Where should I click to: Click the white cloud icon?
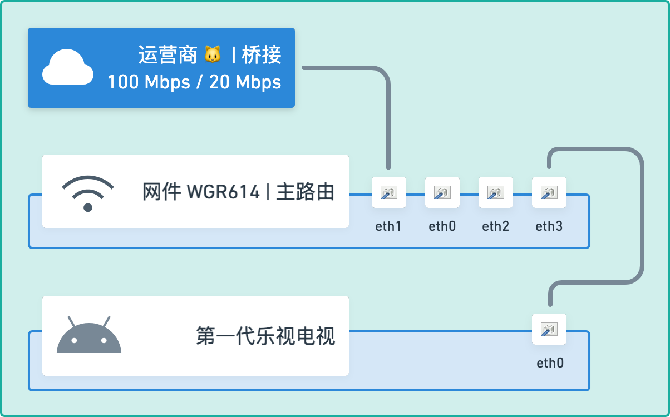pyautogui.click(x=68, y=67)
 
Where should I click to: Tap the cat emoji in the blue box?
pyautogui.click(x=212, y=55)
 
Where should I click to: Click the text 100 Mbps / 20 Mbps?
pyautogui.click(x=194, y=82)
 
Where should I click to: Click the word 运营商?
pyautogui.click(x=167, y=55)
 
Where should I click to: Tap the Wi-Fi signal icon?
pyautogui.click(x=88, y=193)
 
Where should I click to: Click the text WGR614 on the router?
pyautogui.click(x=223, y=192)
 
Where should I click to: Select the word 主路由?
pyautogui.click(x=306, y=192)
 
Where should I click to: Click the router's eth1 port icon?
pyautogui.click(x=388, y=192)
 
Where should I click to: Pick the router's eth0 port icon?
pyautogui.click(x=442, y=192)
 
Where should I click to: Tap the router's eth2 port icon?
pyautogui.click(x=495, y=192)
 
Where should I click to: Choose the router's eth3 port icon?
pyautogui.click(x=549, y=192)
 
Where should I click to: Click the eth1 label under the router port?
pyautogui.click(x=388, y=226)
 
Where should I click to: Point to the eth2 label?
pyautogui.click(x=495, y=226)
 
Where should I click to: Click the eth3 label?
pyautogui.click(x=549, y=226)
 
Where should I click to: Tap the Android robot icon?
pyautogui.click(x=89, y=335)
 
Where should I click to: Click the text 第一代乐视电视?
pyautogui.click(x=265, y=336)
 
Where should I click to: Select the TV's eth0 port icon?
pyautogui.click(x=549, y=329)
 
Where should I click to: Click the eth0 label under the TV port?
pyautogui.click(x=550, y=363)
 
